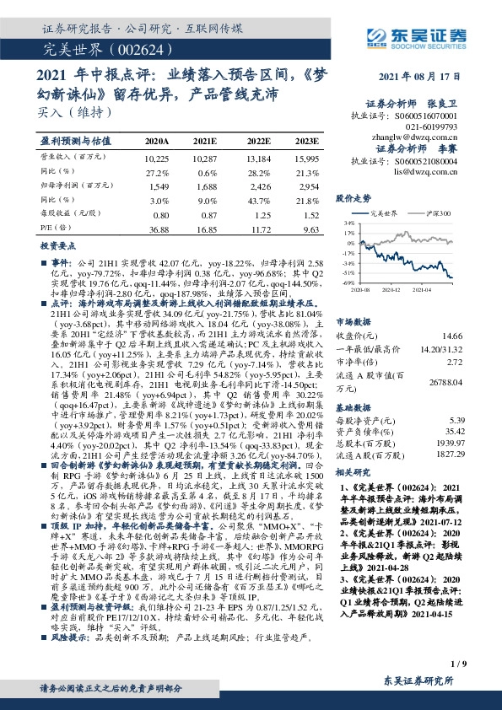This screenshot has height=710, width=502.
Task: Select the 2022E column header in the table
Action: (x=258, y=141)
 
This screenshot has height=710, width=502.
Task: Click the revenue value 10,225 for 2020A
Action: (x=157, y=159)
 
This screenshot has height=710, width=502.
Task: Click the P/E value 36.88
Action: (x=158, y=229)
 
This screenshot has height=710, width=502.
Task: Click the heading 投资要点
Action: (x=57, y=250)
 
